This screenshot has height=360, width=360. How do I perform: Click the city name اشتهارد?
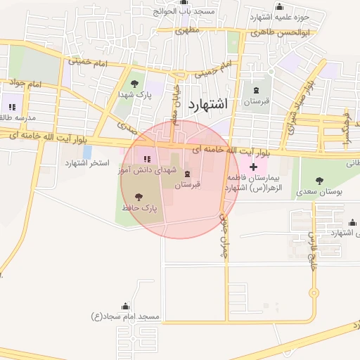pos(209,105)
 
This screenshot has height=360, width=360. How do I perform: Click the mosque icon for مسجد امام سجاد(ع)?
pos(125,306)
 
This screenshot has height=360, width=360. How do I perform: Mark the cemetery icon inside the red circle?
pos(186,174)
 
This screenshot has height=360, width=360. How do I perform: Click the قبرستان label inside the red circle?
pos(187,184)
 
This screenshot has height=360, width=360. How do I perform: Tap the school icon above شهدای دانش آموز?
pos(147,157)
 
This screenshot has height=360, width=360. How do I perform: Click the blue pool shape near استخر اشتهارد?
pos(86,151)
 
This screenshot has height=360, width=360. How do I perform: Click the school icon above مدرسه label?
pos(12,106)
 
